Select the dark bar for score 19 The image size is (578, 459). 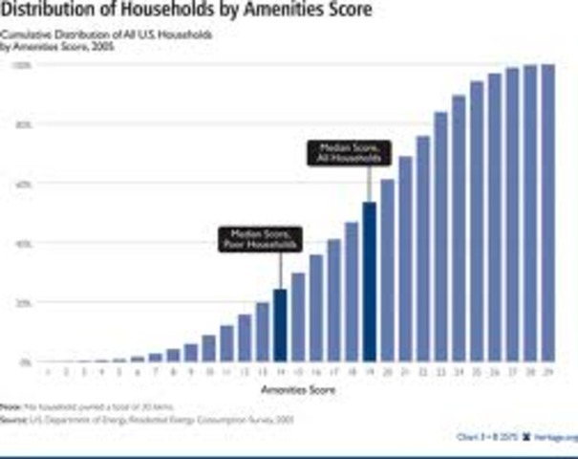370,282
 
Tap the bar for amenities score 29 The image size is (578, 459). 548,213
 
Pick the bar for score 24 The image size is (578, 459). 459,229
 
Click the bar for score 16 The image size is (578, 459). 316,308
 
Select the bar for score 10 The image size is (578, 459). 209,349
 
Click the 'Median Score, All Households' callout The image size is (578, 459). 335,153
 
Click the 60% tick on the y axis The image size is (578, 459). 20,184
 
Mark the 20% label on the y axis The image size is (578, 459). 20,302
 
